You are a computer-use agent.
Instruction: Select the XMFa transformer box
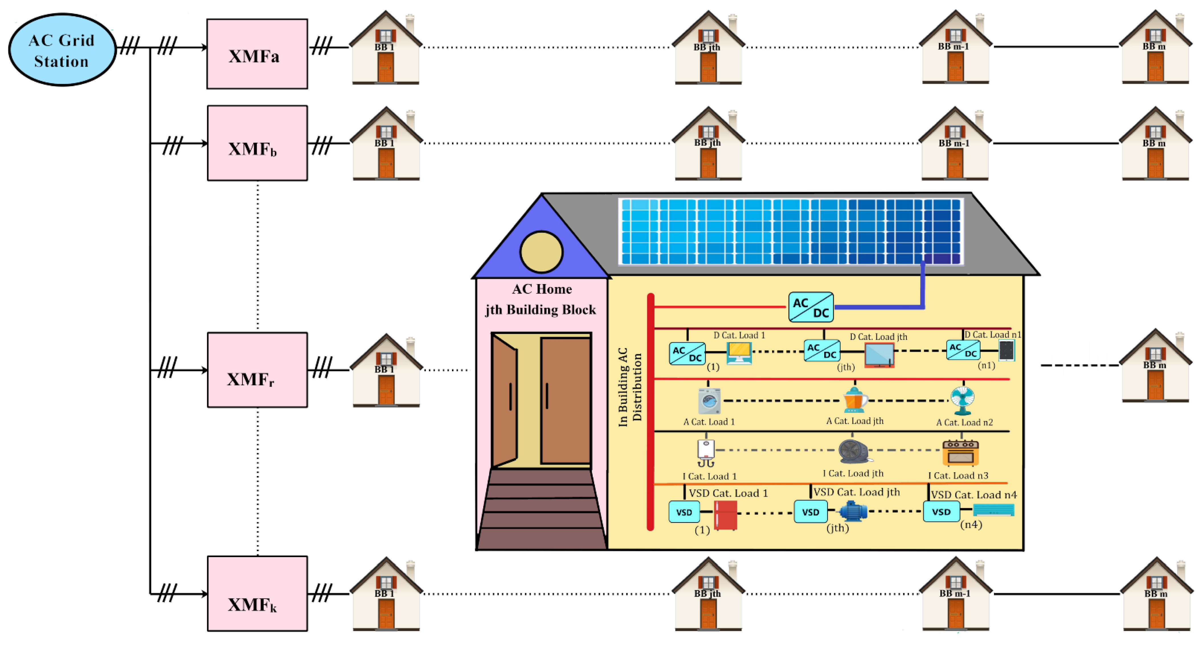tap(257, 54)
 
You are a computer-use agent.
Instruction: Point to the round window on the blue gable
tap(541, 252)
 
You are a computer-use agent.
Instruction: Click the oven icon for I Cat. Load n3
tap(960, 453)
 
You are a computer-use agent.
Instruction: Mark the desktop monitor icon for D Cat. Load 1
tap(739, 353)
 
